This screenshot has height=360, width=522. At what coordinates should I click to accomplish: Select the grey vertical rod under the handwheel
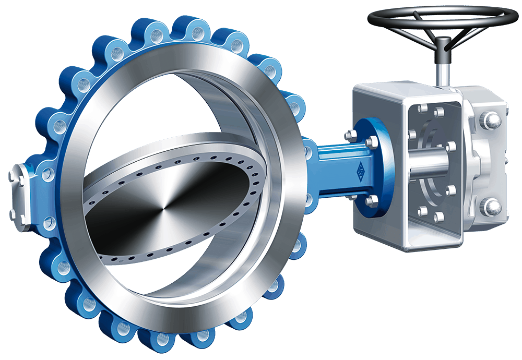tap(443, 73)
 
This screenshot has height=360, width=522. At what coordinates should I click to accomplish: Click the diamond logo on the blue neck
tap(360, 172)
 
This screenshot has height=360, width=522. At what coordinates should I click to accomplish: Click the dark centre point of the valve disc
tap(163, 211)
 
